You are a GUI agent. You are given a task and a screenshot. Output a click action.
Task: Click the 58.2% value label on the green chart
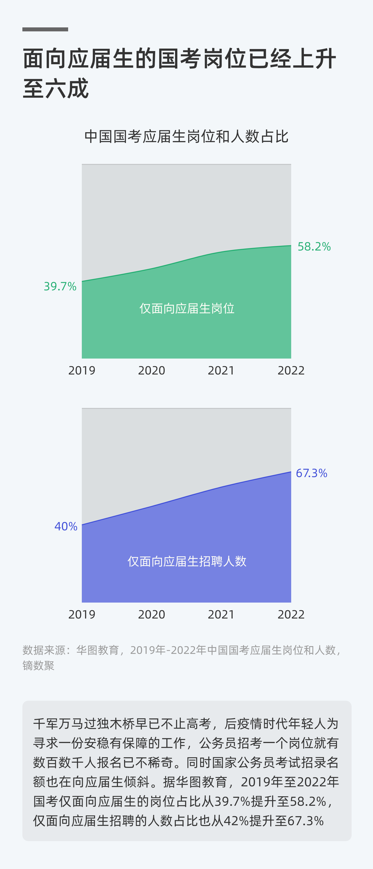pyautogui.click(x=314, y=247)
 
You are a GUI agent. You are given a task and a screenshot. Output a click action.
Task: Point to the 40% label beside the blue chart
pyautogui.click(x=66, y=526)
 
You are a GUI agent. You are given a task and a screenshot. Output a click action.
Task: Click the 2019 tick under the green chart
pyautogui.click(x=82, y=371)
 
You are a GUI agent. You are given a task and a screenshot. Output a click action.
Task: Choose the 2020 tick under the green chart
pyautogui.click(x=152, y=371)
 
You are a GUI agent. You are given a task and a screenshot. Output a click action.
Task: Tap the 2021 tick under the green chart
pyautogui.click(x=221, y=371)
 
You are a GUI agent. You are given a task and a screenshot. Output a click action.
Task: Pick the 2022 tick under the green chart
pyautogui.click(x=291, y=371)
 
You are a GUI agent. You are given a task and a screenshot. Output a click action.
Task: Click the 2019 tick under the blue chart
pyautogui.click(x=82, y=614)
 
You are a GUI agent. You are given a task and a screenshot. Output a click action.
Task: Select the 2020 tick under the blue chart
pyautogui.click(x=152, y=614)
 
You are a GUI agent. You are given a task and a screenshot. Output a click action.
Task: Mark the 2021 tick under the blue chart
pyautogui.click(x=221, y=614)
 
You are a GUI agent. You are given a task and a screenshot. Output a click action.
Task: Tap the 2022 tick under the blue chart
pyautogui.click(x=291, y=614)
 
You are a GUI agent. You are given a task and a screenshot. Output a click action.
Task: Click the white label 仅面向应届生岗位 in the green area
pyautogui.click(x=187, y=308)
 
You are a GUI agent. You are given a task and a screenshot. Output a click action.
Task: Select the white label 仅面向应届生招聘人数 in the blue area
pyautogui.click(x=187, y=561)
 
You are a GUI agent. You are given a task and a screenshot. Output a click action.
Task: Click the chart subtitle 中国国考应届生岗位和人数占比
pyautogui.click(x=186, y=137)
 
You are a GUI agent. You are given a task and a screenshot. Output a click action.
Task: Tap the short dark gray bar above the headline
pyautogui.click(x=45, y=29)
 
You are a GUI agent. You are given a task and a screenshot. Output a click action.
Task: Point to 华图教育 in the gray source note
pyautogui.click(x=98, y=650)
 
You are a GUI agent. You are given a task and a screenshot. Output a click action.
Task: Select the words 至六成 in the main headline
pyautogui.click(x=56, y=88)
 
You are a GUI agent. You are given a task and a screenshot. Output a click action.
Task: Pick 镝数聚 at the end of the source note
pyautogui.click(x=38, y=666)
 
